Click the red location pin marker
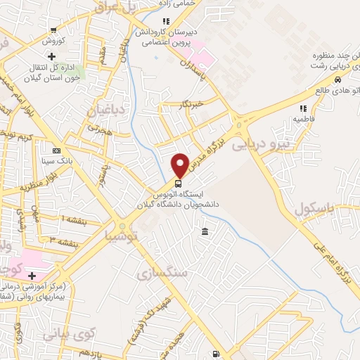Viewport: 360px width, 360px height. point(180,164)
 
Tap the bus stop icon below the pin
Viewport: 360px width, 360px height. point(178,183)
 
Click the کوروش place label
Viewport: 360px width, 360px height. point(54,41)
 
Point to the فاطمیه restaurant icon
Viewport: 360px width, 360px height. point(304,108)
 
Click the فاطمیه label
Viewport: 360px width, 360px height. point(303,120)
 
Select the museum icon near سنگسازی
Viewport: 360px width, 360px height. point(205,231)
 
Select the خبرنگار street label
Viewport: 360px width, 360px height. point(191,104)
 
